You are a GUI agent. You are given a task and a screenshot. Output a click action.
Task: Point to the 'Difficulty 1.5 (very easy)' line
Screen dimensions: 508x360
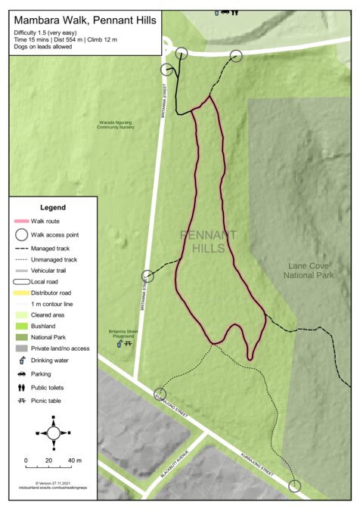pos(46,34)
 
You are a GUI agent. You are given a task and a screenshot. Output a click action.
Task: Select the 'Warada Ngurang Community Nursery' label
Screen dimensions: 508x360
pos(116,125)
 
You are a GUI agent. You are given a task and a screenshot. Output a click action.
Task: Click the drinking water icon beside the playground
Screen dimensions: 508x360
pos(119,343)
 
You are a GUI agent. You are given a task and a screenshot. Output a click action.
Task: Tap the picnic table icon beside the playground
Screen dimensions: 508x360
pos(129,343)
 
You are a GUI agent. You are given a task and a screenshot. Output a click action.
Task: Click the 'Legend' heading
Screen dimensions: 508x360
pos(53,207)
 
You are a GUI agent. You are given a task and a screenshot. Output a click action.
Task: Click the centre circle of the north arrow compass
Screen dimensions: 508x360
pos(53,433)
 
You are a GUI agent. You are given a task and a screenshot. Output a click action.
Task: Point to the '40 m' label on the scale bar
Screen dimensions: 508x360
pos(75,460)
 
